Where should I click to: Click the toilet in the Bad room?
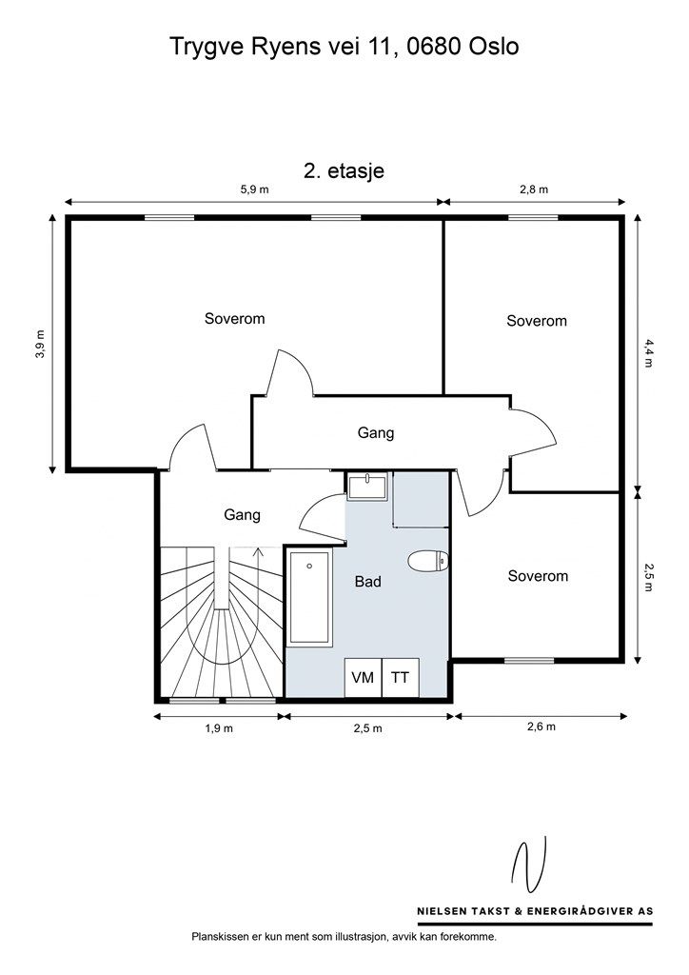pos(428,561)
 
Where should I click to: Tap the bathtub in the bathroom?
pos(309,596)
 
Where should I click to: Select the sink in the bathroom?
pos(367,486)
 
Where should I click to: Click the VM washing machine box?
pos(363,677)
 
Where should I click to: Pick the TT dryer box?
pos(400,677)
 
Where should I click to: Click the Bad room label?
pos(367,582)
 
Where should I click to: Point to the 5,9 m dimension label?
pos(255,189)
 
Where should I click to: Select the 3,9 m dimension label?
pos(40,344)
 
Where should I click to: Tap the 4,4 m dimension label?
pos(649,353)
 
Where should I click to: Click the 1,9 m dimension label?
pos(219,728)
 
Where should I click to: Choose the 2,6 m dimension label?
pos(541,726)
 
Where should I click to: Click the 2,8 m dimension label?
pos(534,189)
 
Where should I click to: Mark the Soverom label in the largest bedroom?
pos(235,318)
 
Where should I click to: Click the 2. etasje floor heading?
pos(344,171)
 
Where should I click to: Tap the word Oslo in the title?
pos(494,47)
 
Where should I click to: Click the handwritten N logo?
pos(529,865)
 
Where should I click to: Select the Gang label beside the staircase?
pos(243,515)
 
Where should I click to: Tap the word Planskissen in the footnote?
pos(217,936)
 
